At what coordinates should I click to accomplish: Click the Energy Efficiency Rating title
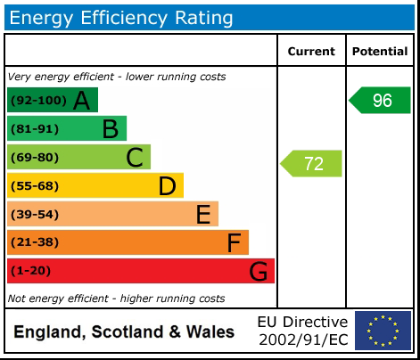[122, 17]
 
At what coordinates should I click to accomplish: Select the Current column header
[311, 52]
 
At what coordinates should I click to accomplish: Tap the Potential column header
[380, 52]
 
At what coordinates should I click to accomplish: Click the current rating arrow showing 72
[312, 163]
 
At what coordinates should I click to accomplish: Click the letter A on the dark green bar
[81, 101]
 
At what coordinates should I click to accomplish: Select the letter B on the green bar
[110, 129]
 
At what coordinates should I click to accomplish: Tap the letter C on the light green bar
[135, 158]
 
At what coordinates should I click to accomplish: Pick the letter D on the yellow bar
[167, 186]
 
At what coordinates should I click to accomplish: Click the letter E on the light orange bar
[202, 215]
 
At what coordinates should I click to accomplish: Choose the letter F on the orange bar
[234, 242]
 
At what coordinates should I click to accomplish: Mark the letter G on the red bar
[258, 271]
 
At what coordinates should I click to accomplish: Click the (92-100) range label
[37, 101]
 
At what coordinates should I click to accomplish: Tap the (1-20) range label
[31, 271]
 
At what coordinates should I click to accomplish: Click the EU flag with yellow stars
[383, 331]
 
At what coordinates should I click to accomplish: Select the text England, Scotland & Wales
[125, 332]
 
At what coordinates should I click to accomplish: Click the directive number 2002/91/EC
[303, 340]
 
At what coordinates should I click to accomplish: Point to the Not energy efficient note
[116, 299]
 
